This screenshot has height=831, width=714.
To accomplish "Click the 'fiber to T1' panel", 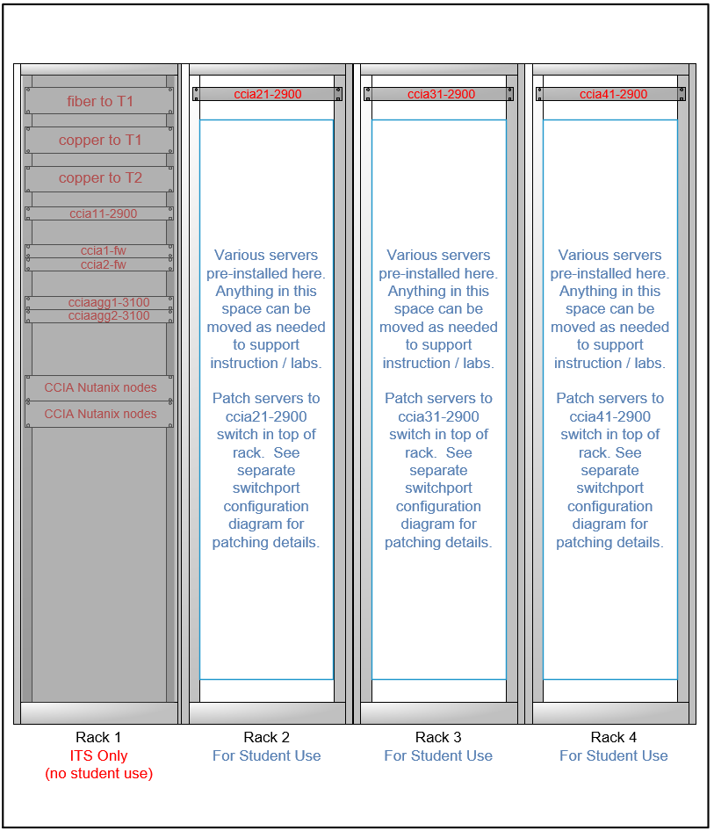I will click(x=99, y=101).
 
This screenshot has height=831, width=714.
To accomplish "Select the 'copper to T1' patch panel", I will click(x=99, y=140).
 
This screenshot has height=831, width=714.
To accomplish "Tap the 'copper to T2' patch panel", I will click(x=99, y=178).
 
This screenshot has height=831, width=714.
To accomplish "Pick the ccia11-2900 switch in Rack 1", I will click(x=99, y=213).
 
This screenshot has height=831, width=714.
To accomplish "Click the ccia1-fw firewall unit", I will click(x=99, y=251).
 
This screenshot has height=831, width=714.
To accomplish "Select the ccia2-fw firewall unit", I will click(x=99, y=264).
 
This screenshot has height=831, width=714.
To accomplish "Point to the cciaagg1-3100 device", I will click(x=99, y=303).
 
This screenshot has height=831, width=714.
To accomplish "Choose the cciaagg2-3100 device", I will click(x=99, y=316).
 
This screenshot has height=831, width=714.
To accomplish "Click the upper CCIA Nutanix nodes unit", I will click(x=99, y=388).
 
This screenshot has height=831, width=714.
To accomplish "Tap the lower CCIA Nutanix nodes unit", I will click(x=99, y=415).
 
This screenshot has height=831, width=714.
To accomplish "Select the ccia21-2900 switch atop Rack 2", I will click(x=267, y=94).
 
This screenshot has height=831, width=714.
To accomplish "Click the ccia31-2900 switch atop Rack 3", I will click(x=439, y=94).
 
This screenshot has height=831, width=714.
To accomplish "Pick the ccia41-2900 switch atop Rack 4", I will click(x=611, y=94).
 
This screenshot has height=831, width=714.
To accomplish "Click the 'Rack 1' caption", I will click(x=98, y=738).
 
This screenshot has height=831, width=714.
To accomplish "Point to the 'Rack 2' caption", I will click(x=267, y=738).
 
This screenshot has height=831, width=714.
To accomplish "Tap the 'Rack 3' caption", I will click(x=438, y=738).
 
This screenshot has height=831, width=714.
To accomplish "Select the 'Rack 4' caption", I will click(x=613, y=738).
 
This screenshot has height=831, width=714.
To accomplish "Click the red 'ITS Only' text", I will click(x=98, y=755).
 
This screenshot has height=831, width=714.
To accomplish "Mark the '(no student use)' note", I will click(x=98, y=774).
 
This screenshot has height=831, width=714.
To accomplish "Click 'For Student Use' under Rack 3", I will click(x=438, y=755).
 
